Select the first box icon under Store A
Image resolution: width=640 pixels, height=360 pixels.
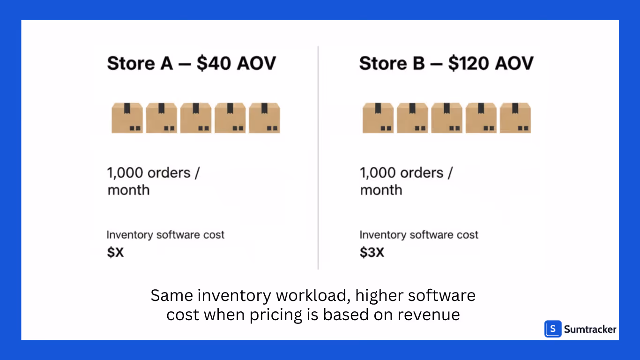(x=127, y=118)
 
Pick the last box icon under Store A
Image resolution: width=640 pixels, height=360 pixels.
(x=265, y=118)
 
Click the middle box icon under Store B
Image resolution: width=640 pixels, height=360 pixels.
(x=447, y=118)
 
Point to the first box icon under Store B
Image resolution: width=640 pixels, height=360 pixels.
(x=378, y=118)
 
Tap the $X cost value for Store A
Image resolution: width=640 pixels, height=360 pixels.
(x=115, y=253)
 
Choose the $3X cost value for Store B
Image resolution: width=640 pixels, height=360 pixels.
(x=372, y=253)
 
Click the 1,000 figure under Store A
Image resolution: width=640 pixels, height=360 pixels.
(x=126, y=173)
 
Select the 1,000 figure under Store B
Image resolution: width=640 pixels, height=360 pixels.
(x=378, y=173)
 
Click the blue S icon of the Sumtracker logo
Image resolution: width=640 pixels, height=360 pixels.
(x=553, y=329)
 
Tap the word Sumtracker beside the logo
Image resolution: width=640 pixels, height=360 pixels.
(x=590, y=330)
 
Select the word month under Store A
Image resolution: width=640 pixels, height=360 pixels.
(x=128, y=190)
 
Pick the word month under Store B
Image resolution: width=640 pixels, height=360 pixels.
(x=381, y=190)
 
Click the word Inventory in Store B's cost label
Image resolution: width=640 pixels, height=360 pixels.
(x=382, y=235)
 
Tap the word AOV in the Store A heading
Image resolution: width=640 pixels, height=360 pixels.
(x=256, y=63)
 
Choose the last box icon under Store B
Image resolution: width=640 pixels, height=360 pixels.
(x=515, y=118)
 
